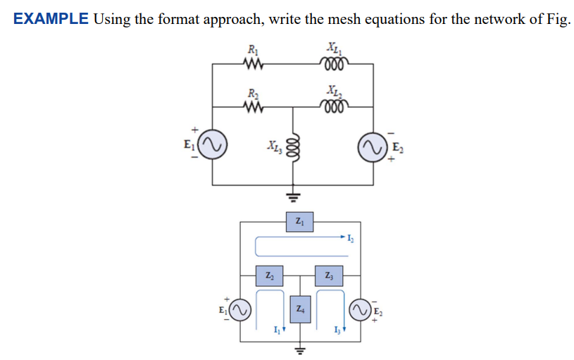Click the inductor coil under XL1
pyautogui.click(x=332, y=65)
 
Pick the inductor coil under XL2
pyautogui.click(x=332, y=107)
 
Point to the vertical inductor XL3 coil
pyautogui.click(x=294, y=149)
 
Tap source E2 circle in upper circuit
pyautogui.click(x=373, y=147)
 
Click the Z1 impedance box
pyautogui.click(x=299, y=223)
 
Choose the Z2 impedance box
pyautogui.click(x=270, y=275)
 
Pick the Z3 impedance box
pyautogui.click(x=329, y=275)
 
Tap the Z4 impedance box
pyautogui.click(x=299, y=309)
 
